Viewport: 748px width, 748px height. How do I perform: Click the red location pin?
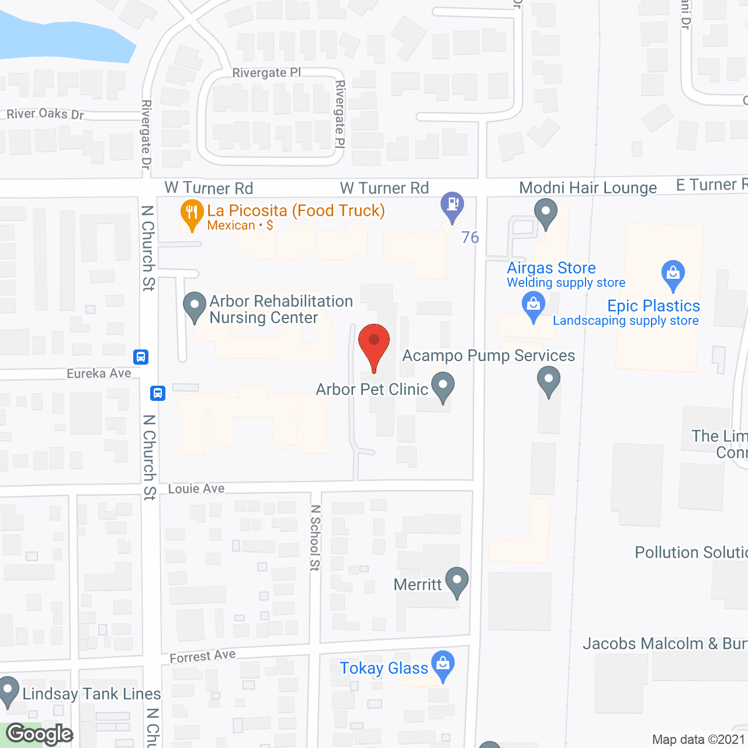(x=374, y=342)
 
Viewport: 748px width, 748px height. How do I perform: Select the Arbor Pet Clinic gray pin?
(x=443, y=387)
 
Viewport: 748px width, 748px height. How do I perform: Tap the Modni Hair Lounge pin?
(x=546, y=212)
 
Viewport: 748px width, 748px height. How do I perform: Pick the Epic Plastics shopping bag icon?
(x=673, y=273)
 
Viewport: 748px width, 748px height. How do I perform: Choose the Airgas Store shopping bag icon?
(x=533, y=306)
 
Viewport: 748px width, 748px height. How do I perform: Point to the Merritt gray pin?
(x=456, y=581)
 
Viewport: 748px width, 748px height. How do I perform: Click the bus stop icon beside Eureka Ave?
(x=141, y=356)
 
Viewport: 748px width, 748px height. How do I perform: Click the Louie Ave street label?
(x=196, y=489)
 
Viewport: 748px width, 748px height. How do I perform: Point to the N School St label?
(x=316, y=538)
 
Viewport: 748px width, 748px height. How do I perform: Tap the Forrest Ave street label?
(x=203, y=656)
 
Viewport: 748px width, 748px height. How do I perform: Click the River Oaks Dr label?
(x=45, y=114)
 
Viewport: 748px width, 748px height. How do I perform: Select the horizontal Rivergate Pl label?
(x=266, y=72)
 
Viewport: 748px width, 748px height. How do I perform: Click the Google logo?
(x=39, y=734)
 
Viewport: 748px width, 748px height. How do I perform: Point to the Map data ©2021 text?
(x=698, y=740)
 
